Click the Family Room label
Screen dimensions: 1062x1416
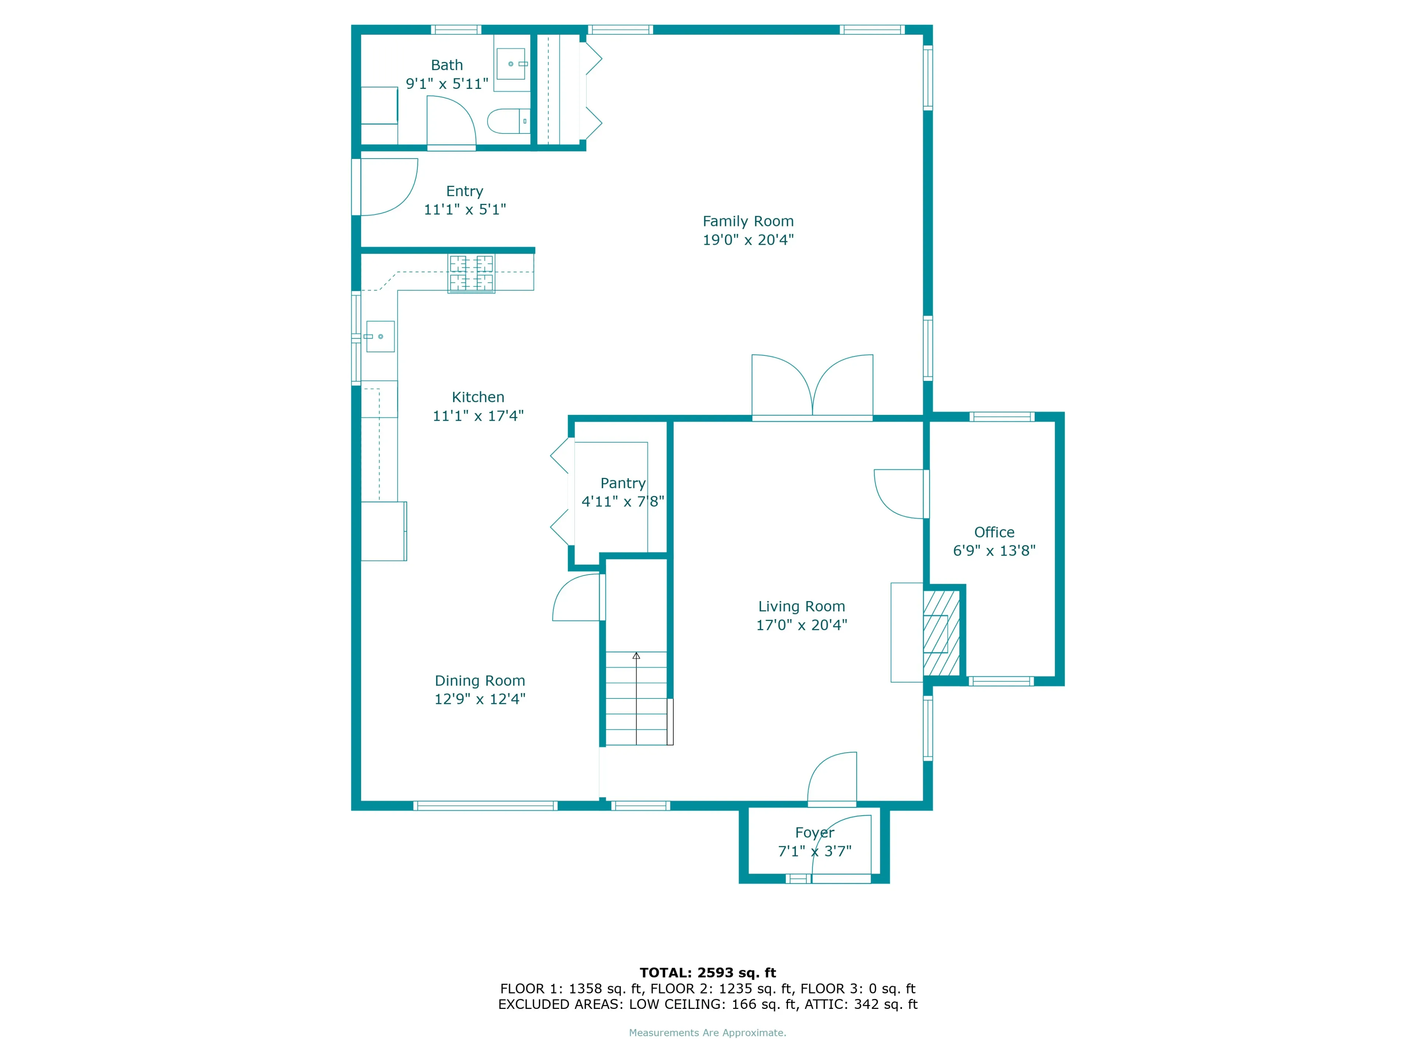coord(748,222)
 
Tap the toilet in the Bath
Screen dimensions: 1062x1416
coord(508,121)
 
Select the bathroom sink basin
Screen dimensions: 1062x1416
coord(511,64)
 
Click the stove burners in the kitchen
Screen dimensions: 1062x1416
coord(471,273)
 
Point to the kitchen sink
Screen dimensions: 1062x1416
coord(380,337)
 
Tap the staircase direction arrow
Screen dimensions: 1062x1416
coord(636,656)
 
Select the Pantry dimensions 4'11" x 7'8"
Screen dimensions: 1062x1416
coord(622,502)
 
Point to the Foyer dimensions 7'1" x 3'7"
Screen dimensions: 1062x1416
coord(814,851)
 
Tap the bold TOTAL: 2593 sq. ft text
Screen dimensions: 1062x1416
coord(707,973)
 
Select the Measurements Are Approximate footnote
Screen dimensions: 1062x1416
coord(707,1032)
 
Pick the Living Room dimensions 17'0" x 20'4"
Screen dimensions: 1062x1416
coord(801,625)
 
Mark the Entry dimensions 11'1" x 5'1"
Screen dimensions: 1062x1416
coord(465,210)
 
